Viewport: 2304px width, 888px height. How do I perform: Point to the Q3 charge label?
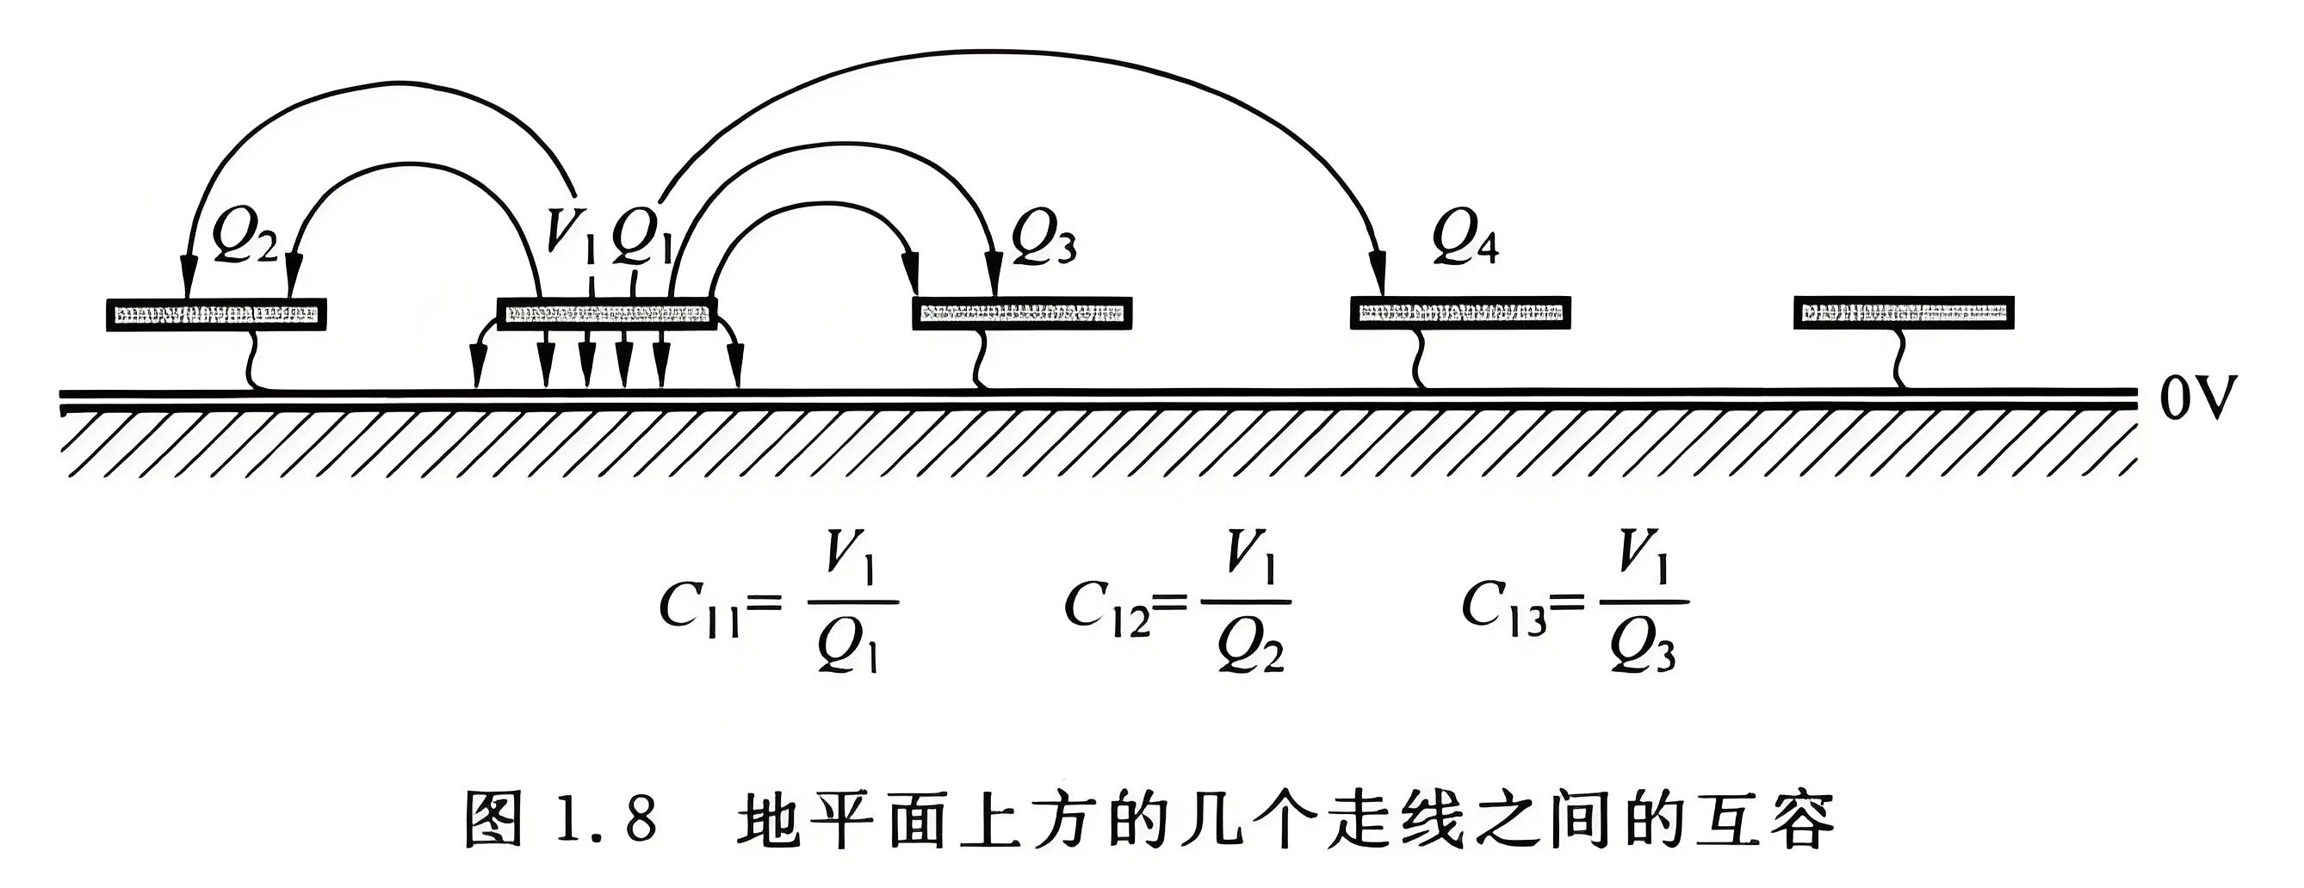tap(1043, 240)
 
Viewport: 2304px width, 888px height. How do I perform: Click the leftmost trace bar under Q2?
tap(215, 314)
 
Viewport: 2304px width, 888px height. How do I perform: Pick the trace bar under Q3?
tap(1022, 314)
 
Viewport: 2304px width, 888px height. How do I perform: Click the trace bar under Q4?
tap(1459, 312)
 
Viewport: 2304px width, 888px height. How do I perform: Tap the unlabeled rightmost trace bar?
tap(1904, 312)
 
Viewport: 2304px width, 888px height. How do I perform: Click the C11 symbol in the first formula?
tap(698, 607)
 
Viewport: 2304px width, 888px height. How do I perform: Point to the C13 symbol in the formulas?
tap(1503, 607)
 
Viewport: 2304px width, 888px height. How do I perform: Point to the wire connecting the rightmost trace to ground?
tap(1898, 360)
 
